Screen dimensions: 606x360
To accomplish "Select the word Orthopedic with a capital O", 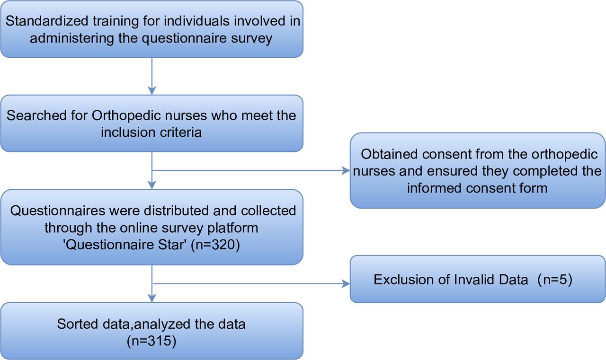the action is pyautogui.click(x=126, y=116).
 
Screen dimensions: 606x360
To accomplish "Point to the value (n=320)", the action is pyautogui.click(x=215, y=245).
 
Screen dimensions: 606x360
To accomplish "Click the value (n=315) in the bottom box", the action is pyautogui.click(x=151, y=341).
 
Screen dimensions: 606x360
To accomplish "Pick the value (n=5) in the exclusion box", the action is pyautogui.click(x=555, y=280).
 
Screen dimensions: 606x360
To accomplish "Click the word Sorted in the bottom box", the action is pyautogui.click(x=78, y=324).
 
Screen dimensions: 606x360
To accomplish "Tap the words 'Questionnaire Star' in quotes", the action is pyautogui.click(x=125, y=245).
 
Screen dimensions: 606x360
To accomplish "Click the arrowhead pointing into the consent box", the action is pyautogui.click(x=346, y=171).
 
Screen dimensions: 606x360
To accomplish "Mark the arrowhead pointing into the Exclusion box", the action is pyautogui.click(x=346, y=284).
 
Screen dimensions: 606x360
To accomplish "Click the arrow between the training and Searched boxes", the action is pyautogui.click(x=152, y=76).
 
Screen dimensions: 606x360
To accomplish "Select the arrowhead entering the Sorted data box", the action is pyautogui.click(x=152, y=299).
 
